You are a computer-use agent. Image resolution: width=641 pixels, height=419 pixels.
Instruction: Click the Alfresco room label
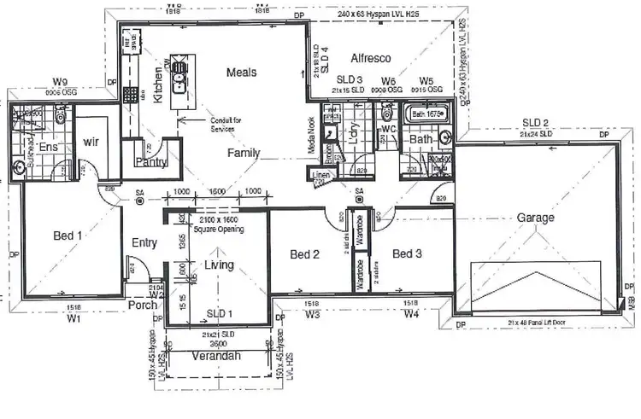(371, 58)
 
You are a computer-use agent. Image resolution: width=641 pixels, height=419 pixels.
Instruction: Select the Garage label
(536, 218)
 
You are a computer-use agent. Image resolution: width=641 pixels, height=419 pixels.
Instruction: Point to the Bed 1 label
(68, 236)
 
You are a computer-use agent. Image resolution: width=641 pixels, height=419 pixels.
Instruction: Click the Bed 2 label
(304, 254)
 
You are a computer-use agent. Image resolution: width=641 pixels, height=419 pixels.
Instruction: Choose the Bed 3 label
(408, 254)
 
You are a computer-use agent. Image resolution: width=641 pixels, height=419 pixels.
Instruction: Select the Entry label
(144, 243)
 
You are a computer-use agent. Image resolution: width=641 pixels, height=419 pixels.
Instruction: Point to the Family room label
(244, 154)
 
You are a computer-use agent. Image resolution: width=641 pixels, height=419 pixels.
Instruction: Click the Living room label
(219, 266)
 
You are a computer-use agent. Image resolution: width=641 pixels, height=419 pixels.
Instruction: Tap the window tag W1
(74, 318)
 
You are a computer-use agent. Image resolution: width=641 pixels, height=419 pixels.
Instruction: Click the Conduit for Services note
(225, 124)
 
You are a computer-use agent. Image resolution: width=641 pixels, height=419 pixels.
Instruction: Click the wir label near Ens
(91, 143)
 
